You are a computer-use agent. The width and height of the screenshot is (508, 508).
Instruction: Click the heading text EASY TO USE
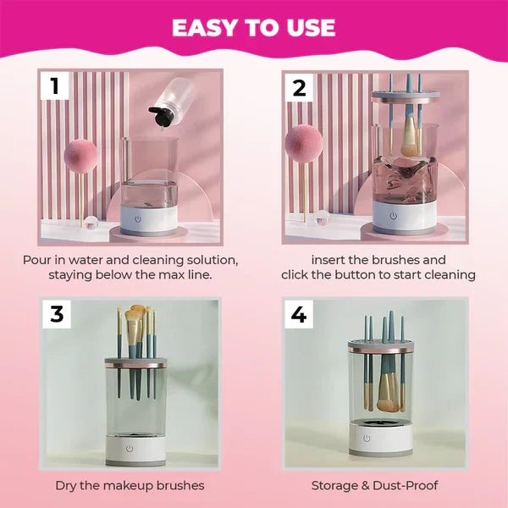coord(253,27)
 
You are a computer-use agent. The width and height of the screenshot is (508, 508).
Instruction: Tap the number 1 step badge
coord(56,86)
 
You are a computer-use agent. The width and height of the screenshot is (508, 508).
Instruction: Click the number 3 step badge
coord(56,313)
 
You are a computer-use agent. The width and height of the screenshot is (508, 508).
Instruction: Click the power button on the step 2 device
coord(393,217)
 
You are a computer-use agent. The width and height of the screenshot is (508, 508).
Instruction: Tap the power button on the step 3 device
coord(130,448)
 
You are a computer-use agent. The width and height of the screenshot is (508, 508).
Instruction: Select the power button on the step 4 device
coord(366,439)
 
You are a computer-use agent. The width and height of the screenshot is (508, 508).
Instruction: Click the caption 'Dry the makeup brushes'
coord(130,486)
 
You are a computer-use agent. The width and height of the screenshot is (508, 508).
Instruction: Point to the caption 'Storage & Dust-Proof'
coord(373,486)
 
